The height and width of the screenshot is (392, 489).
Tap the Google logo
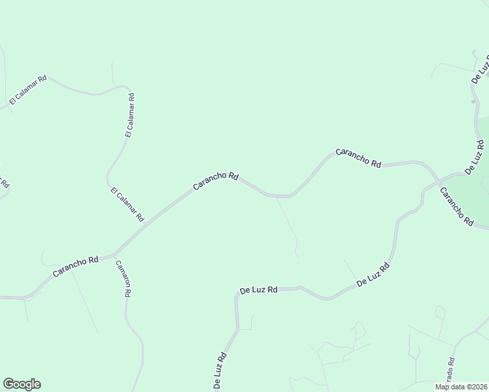pos(22,384)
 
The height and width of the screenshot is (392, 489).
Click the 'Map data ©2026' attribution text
pos(461,387)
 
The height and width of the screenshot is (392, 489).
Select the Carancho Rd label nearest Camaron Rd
pos(75,265)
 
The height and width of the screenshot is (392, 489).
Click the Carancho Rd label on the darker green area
pos(456,206)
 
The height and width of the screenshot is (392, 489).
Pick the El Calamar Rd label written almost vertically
pos(130,115)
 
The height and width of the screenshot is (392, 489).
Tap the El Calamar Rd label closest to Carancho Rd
pos(127,204)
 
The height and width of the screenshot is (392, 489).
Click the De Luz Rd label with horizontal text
pos(259,289)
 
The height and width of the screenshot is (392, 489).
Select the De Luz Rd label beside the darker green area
pos(475,157)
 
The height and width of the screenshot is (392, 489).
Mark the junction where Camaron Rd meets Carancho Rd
pos(114,253)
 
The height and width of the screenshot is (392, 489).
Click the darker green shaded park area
pos(472,196)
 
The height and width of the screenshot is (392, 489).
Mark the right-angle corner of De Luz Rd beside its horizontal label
pos(236,295)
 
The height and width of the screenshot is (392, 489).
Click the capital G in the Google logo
pos(8,384)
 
